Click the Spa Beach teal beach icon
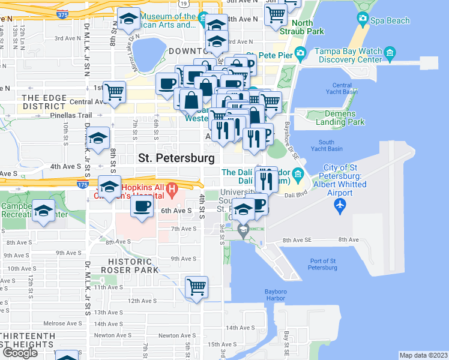pos(362,19)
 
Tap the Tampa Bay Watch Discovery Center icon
pos(390,53)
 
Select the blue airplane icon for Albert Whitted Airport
pos(340,205)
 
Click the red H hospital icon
pos(173,191)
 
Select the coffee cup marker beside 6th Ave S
pos(142,207)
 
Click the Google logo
pos(20,352)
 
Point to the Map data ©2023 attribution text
pos(424,355)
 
